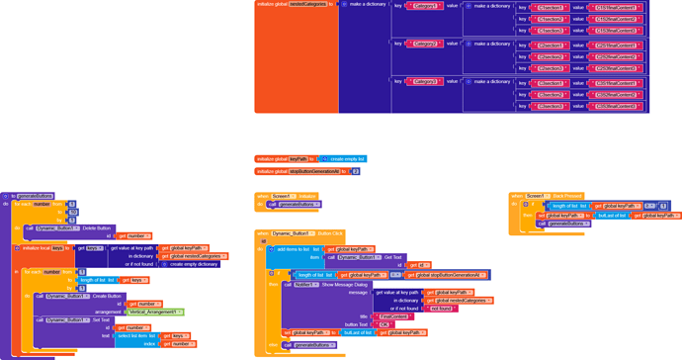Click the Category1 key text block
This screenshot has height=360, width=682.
click(x=424, y=6)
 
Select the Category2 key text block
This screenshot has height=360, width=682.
click(x=424, y=44)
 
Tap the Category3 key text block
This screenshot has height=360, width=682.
click(x=424, y=82)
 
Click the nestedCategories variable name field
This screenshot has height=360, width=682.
click(x=308, y=4)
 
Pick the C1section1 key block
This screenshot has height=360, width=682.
click(x=552, y=8)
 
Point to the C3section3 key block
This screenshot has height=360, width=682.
click(x=552, y=106)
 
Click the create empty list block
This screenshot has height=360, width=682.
click(x=347, y=159)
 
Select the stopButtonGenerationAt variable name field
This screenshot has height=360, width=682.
click(x=313, y=171)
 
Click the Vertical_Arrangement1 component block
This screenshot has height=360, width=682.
click(x=154, y=312)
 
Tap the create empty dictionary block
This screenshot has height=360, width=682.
click(x=194, y=264)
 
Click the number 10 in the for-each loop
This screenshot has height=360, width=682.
click(x=72, y=212)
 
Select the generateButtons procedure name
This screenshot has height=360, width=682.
click(x=36, y=196)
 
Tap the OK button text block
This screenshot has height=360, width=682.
click(x=384, y=324)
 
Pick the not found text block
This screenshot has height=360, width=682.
click(x=441, y=309)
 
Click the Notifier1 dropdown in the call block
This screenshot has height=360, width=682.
click(x=304, y=285)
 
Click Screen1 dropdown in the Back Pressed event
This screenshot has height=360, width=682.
click(x=535, y=196)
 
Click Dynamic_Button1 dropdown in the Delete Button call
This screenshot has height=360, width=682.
click(x=56, y=228)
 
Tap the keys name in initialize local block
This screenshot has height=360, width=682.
click(x=58, y=248)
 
